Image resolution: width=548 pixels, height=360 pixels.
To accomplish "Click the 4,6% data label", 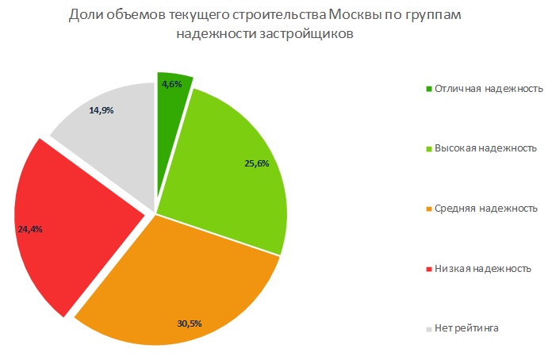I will (172, 83).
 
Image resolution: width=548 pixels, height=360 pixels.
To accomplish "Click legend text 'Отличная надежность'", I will (488, 87).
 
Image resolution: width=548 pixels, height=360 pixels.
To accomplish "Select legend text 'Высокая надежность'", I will (485, 148).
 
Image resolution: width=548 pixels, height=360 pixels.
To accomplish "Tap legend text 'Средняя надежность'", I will (486, 209).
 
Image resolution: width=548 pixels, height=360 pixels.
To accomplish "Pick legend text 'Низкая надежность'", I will (482, 268).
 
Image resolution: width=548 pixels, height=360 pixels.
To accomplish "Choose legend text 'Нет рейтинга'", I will (466, 327).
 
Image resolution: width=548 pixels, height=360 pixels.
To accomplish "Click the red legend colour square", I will (429, 269).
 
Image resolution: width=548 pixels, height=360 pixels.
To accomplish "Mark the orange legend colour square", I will (429, 209).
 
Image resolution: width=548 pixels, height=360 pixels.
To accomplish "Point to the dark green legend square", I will (429, 88).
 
